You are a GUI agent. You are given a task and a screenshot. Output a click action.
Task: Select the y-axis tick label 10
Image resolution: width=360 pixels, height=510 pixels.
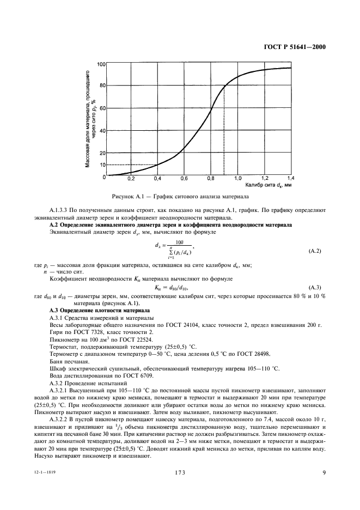(102, 165)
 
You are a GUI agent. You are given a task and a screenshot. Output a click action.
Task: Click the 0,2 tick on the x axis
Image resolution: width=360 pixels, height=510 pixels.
(131, 179)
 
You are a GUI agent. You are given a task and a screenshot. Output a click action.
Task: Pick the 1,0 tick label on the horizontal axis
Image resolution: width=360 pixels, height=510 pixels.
(237, 179)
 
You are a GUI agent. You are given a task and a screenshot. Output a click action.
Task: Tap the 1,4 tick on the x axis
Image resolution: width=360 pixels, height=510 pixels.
(290, 179)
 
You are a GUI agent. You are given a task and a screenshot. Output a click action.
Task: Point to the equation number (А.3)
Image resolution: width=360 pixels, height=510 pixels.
(315, 287)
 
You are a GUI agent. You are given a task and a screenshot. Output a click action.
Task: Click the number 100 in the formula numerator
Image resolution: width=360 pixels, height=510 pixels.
(180, 242)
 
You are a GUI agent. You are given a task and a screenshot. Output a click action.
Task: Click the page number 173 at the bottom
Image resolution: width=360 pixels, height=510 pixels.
(180, 473)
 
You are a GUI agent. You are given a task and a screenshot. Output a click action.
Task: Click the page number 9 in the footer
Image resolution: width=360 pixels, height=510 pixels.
(324, 473)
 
